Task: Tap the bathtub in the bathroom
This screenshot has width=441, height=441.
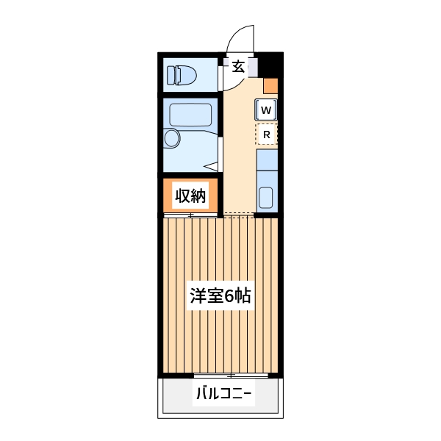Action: click(190, 115)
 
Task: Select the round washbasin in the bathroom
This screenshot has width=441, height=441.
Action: click(173, 138)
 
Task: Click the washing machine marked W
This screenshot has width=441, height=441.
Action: click(266, 110)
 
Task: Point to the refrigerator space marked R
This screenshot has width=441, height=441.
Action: click(266, 135)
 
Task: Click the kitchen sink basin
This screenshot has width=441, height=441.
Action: click(266, 198)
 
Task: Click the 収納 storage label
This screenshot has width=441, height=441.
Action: click(190, 196)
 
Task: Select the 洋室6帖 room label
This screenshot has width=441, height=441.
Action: click(220, 296)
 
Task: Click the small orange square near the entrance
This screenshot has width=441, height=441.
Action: click(270, 85)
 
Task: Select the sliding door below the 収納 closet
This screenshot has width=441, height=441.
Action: click(190, 215)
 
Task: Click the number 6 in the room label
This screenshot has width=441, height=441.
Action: click(229, 296)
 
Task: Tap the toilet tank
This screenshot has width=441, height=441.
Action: click(172, 75)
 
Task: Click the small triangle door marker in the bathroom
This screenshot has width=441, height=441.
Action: click(213, 165)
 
